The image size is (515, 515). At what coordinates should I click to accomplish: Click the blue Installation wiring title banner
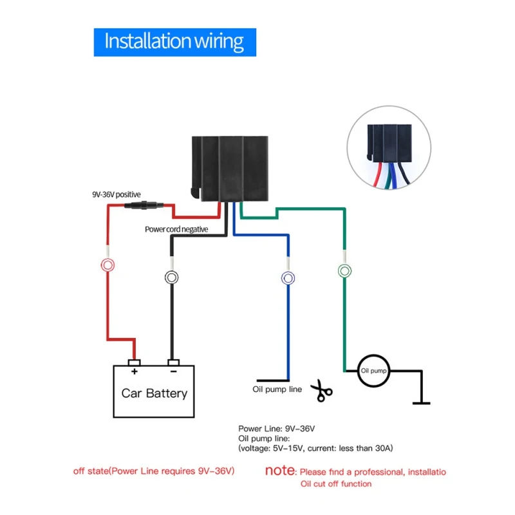click(174, 42)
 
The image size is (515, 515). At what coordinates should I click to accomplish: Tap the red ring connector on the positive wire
click(108, 265)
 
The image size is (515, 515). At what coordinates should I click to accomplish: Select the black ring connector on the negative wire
click(171, 277)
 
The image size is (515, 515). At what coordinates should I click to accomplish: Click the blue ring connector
click(288, 278)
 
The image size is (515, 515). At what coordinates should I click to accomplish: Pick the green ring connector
click(344, 271)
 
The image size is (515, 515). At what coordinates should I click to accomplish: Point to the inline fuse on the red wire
click(144, 205)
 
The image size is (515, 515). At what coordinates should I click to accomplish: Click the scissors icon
click(321, 391)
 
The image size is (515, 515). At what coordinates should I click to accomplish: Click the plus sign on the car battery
click(135, 371)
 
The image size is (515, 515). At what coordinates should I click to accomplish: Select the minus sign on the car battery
click(174, 371)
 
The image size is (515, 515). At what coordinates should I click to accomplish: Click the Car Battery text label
click(154, 393)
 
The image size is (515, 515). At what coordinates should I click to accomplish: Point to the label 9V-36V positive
click(117, 194)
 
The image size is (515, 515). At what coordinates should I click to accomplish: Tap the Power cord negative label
click(176, 229)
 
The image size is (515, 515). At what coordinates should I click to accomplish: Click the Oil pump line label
click(277, 389)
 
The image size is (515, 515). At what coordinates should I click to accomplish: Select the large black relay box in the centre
click(230, 169)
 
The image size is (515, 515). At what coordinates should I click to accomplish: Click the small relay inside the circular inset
click(389, 143)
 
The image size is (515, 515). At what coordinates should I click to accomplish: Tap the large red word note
click(280, 471)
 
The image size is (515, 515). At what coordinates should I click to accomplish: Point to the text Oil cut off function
click(336, 484)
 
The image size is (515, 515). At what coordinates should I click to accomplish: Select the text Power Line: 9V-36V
click(277, 429)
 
